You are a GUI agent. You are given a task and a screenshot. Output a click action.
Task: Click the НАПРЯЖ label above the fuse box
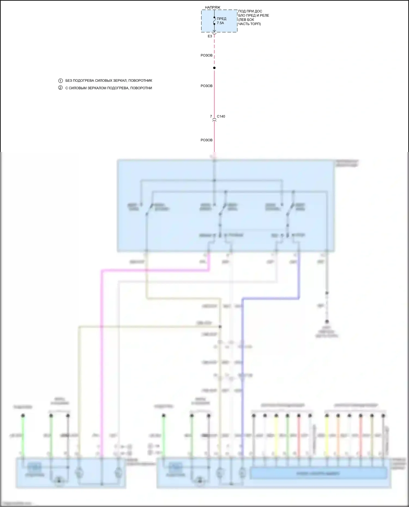coord(212,7)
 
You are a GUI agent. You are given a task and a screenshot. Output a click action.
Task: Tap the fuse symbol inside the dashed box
coord(214,21)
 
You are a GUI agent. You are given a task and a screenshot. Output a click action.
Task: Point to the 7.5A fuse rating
coord(220,23)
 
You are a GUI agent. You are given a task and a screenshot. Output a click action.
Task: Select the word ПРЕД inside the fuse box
coord(221,19)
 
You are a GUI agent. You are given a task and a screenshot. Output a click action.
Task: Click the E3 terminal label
coord(210,36)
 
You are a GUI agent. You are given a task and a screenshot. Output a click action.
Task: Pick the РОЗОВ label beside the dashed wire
coord(206,56)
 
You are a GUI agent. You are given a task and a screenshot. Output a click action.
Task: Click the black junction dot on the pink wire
coord(214,68)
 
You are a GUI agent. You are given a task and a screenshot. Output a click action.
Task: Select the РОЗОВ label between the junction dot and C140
coord(206,86)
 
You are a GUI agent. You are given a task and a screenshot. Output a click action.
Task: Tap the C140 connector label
coord(221,117)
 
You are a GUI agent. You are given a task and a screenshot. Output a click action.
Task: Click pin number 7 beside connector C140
coord(211,117)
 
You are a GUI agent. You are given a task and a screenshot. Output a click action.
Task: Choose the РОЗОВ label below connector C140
coord(206,140)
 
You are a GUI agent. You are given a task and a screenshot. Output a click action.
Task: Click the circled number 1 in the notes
coord(61,81)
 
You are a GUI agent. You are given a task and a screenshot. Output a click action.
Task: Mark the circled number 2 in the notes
coord(61,88)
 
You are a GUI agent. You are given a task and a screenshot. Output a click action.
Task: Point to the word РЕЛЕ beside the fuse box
coord(264,16)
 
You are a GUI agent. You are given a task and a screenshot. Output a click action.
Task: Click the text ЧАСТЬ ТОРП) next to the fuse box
coord(249,24)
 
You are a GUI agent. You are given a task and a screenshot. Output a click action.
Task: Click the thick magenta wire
coord(101,354)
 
